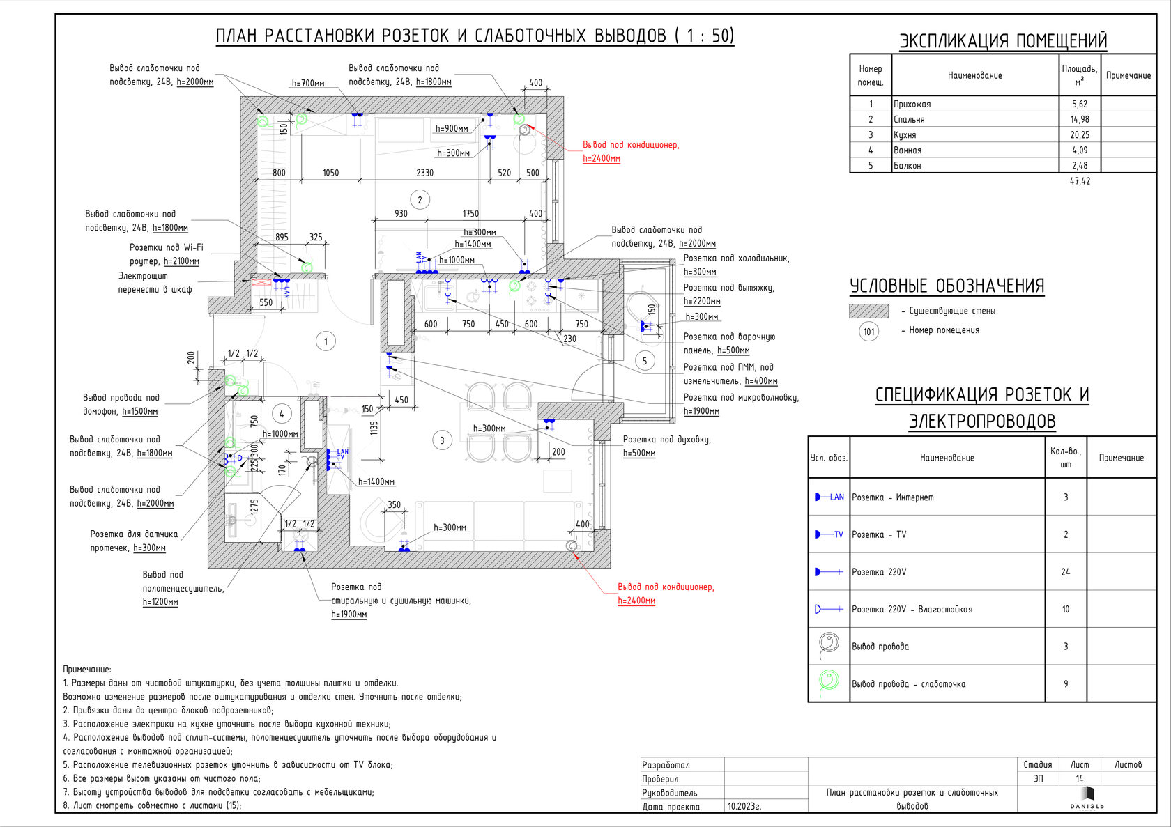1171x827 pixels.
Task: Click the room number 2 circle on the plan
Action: [x=420, y=200]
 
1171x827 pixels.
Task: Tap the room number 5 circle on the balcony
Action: [x=645, y=361]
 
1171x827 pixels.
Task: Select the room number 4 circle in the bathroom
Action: [x=282, y=414]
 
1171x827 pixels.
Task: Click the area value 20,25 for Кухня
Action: [x=1079, y=135]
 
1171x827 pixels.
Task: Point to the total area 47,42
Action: [x=1079, y=181]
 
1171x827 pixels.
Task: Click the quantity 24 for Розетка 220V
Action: [x=1065, y=572]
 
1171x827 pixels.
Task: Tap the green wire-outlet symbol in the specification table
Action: [x=828, y=681]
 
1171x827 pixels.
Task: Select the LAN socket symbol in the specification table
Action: [x=829, y=497]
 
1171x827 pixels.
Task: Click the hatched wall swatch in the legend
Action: [x=868, y=311]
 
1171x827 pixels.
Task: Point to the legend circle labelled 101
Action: [x=868, y=332]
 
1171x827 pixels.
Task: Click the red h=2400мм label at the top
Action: [x=602, y=159]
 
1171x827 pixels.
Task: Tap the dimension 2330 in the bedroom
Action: [x=424, y=173]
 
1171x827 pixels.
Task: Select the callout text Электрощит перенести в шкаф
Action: [x=154, y=283]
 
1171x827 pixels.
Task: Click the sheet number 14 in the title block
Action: [x=1079, y=779]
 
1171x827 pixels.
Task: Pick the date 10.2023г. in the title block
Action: [x=744, y=806]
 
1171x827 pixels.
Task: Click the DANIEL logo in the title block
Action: [x=1087, y=798]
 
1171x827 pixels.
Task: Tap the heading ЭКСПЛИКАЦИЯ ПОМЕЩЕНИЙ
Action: [x=1003, y=41]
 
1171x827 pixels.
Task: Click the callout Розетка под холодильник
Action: [x=736, y=258]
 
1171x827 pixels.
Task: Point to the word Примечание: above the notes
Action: [x=87, y=670]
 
